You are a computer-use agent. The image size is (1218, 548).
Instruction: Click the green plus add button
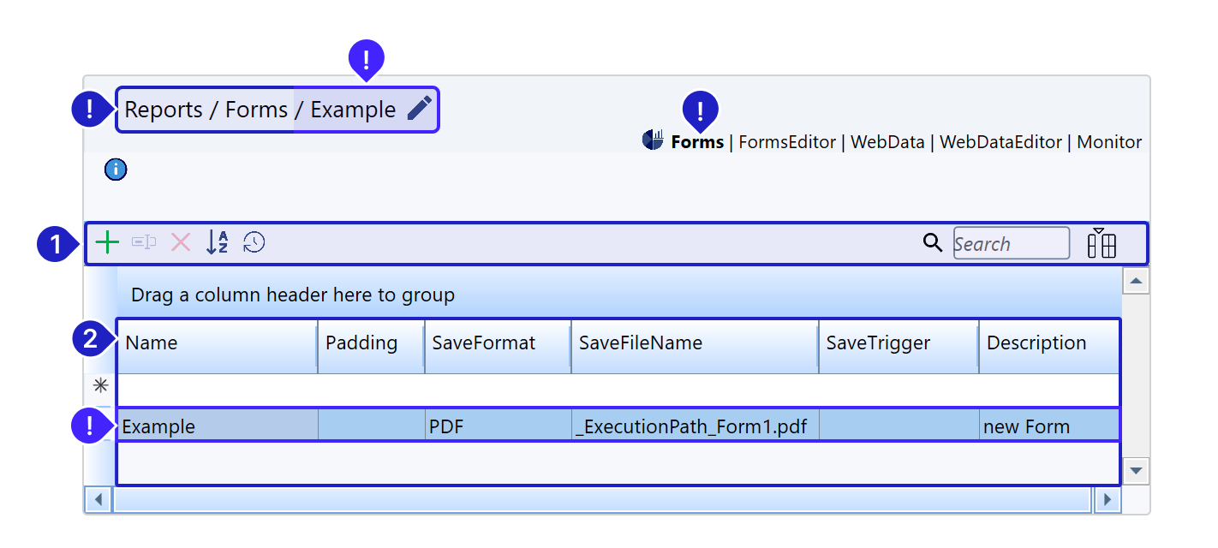point(107,242)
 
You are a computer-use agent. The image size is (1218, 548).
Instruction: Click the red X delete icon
point(181,242)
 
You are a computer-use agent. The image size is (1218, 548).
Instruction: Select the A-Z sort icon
point(217,242)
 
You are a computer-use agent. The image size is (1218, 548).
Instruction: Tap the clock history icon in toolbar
point(254,242)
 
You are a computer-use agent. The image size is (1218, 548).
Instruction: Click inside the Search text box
point(1012,243)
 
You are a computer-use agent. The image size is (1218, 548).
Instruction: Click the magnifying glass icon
point(933,242)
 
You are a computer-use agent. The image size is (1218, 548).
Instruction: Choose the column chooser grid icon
point(1102,243)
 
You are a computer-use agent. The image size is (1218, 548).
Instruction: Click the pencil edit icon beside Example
point(419,108)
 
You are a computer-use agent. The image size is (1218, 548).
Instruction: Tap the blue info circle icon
point(116,170)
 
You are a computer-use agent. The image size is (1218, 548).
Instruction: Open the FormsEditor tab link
point(787,142)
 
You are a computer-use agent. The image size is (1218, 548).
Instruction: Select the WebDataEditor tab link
point(1000,142)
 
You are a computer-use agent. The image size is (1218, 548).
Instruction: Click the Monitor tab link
point(1108,142)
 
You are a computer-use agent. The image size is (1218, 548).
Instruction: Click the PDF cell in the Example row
point(498,426)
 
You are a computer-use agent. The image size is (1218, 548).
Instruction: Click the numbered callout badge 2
point(90,339)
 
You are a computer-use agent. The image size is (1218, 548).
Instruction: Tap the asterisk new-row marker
point(100,385)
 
